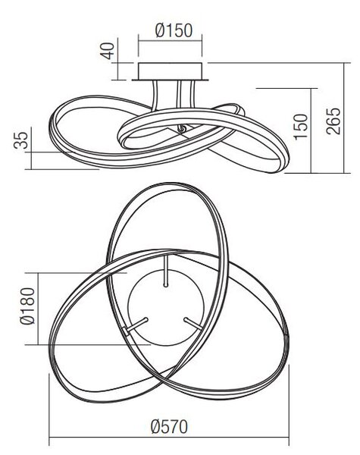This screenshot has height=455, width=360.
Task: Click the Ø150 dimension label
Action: (174, 30)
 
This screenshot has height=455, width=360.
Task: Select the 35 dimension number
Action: (21, 140)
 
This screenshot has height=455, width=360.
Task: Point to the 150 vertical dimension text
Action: (300, 127)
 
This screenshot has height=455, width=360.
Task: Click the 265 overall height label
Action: (333, 121)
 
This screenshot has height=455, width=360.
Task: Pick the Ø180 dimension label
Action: (27, 306)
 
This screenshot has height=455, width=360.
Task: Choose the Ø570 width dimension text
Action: (170, 426)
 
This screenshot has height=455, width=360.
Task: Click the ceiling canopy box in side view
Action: (170, 71)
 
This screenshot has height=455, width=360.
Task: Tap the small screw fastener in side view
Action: (182, 129)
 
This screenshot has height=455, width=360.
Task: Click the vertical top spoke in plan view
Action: (166, 271)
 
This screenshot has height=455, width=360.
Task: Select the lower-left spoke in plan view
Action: (136, 325)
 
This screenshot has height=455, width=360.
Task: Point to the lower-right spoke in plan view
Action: (193, 324)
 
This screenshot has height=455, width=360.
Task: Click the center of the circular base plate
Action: (166, 308)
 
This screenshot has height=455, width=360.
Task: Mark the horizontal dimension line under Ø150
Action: (170, 41)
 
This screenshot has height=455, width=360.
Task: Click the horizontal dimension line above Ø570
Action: (169, 438)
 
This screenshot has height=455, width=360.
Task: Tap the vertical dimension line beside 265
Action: (344, 118)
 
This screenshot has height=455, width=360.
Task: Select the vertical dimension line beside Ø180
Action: (39, 309)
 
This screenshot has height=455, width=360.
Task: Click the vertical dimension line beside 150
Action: (311, 130)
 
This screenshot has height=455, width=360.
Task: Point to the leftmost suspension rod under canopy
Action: (155, 95)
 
